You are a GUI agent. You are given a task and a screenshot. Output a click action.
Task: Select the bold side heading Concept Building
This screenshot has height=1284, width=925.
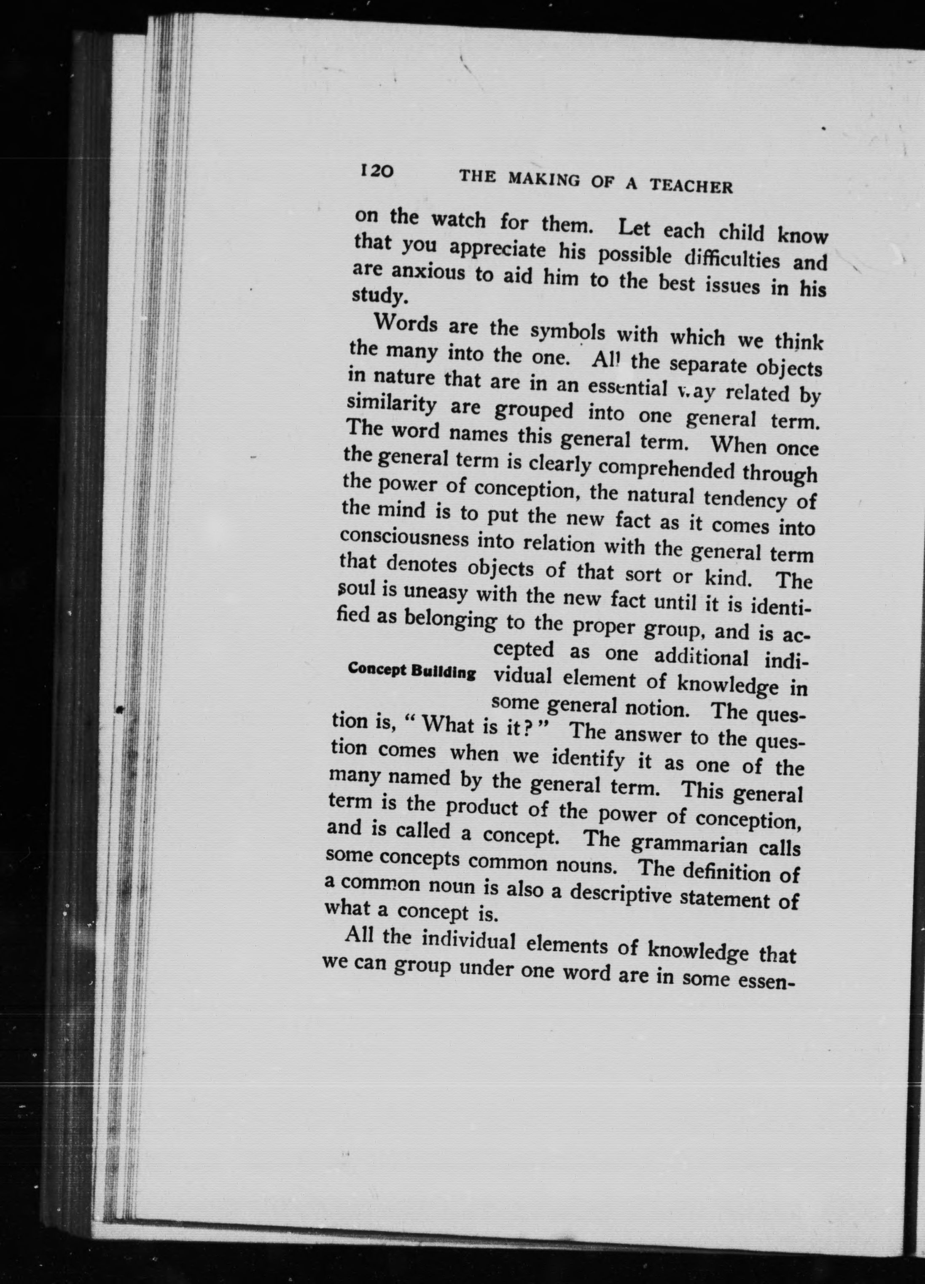(412, 671)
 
